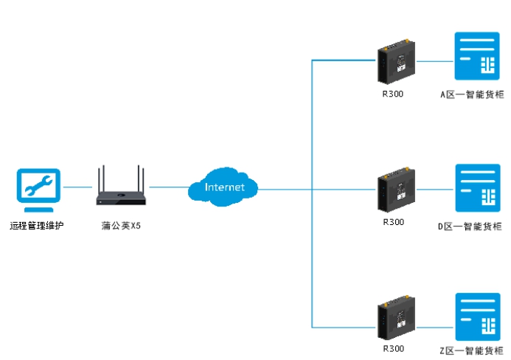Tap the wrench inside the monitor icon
click(39, 185)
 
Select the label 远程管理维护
click(37, 225)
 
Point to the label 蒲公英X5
click(121, 225)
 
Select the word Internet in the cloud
click(224, 187)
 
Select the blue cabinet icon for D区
click(477, 188)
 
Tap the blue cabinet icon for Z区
click(477, 316)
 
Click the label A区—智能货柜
click(472, 95)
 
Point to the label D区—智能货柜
click(472, 226)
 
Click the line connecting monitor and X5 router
click(78, 187)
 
